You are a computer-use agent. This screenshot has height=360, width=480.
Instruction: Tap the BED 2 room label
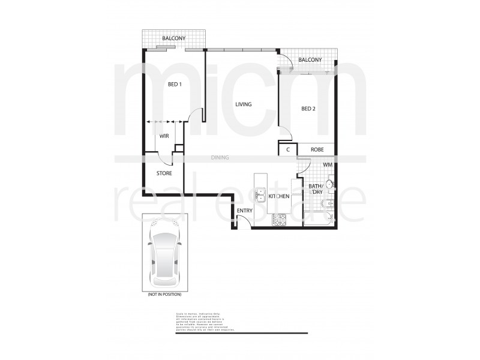click(308, 109)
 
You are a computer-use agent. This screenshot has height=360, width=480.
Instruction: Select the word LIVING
click(243, 104)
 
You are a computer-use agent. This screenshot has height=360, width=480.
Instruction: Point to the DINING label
click(220, 158)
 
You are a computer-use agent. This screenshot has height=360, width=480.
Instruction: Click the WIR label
click(163, 137)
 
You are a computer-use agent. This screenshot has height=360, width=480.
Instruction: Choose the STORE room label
click(164, 173)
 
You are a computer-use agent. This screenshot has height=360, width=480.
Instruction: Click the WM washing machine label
click(328, 164)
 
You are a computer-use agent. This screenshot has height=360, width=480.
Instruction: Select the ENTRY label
click(244, 211)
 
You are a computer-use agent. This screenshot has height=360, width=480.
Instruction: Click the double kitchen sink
click(262, 196)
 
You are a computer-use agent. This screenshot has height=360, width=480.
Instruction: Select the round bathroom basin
click(329, 184)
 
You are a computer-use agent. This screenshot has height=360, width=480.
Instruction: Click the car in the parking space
click(164, 252)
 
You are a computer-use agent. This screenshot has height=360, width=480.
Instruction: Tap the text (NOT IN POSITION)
click(164, 295)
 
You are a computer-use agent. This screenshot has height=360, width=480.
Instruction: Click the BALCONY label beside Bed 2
click(310, 60)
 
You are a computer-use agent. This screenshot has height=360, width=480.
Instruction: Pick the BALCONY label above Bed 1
click(173, 38)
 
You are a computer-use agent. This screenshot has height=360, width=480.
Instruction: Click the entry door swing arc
click(242, 223)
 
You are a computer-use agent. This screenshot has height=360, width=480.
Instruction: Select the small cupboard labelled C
click(288, 149)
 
